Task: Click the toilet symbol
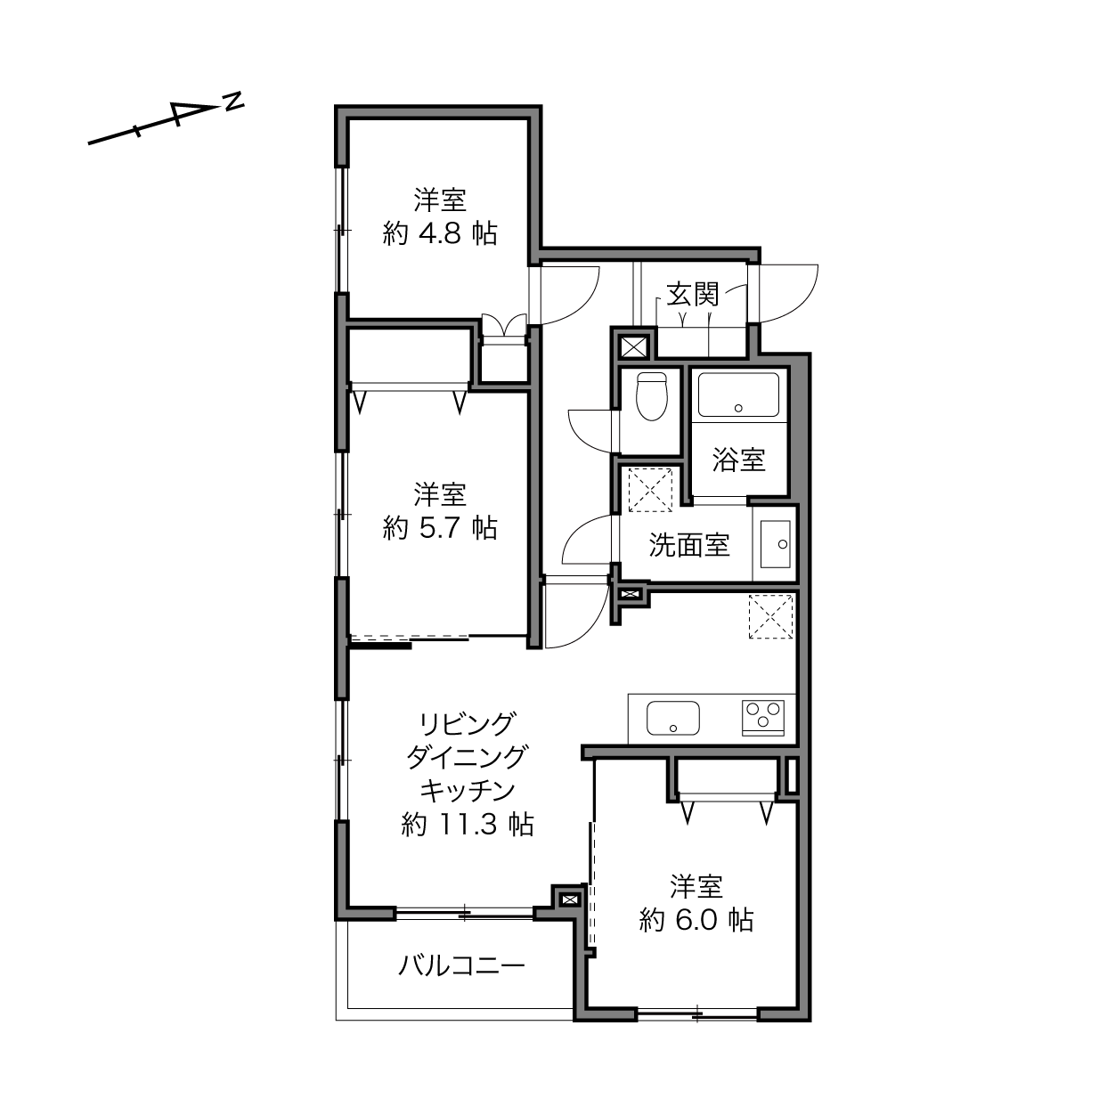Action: click(651, 395)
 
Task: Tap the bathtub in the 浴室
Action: click(738, 395)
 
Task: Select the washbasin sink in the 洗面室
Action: click(776, 544)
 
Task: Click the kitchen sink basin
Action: click(673, 718)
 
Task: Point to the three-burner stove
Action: click(763, 718)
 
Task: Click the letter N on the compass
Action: click(233, 102)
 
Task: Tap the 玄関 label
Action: click(693, 295)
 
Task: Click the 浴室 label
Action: click(739, 460)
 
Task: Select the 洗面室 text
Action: click(689, 544)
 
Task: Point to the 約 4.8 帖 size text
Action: click(440, 233)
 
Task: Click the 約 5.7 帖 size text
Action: click(440, 528)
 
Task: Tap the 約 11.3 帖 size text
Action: click(468, 824)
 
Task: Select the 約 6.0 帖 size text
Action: click(696, 919)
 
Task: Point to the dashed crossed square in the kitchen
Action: click(770, 616)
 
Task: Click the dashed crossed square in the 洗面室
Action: click(650, 490)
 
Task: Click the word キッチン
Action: click(468, 791)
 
